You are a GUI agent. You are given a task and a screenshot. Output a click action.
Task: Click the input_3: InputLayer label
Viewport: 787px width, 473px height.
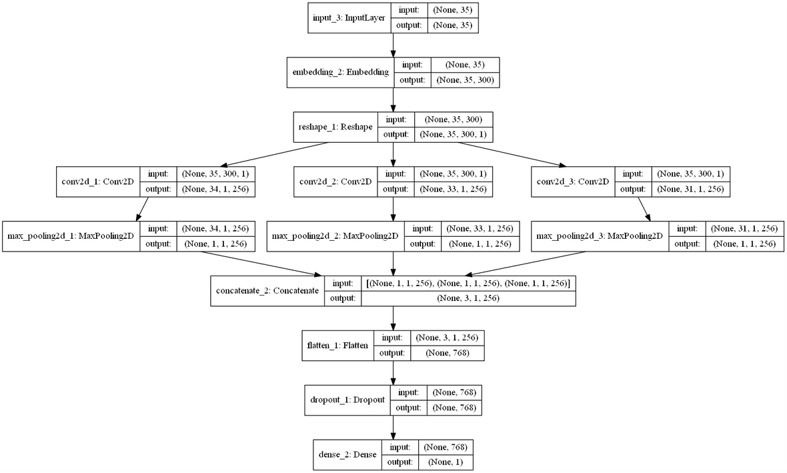(348, 17)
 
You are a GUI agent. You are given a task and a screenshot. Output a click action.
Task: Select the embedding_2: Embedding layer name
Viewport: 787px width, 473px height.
(340, 72)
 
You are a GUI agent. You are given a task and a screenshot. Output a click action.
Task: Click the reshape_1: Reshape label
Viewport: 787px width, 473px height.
(335, 127)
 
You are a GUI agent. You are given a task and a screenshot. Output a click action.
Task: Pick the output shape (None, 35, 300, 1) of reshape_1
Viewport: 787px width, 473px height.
(453, 135)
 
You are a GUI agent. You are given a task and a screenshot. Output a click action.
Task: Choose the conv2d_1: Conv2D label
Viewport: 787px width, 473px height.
(98, 181)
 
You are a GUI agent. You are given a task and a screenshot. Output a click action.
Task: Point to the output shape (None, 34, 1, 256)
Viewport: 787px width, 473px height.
(216, 189)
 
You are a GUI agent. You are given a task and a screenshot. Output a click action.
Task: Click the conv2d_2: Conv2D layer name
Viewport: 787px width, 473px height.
(335, 181)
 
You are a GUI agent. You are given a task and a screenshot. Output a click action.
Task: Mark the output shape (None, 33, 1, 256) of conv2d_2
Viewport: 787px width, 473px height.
(453, 189)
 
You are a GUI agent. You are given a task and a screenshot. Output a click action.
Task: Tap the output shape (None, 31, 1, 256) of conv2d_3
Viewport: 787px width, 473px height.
(690, 189)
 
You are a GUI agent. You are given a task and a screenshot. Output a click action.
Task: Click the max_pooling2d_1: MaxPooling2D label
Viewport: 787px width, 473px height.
(71, 236)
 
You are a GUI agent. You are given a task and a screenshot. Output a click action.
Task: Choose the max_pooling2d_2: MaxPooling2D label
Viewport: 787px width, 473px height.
(335, 236)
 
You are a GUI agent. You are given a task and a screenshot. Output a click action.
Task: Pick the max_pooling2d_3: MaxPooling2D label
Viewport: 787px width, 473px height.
(600, 236)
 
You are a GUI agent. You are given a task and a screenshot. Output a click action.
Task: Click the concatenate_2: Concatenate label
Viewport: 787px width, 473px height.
(267, 291)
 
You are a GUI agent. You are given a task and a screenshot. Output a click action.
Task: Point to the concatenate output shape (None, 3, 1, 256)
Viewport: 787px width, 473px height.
(468, 299)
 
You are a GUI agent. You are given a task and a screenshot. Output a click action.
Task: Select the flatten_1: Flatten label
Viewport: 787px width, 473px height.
(338, 346)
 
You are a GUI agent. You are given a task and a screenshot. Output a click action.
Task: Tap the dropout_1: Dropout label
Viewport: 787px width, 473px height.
(347, 400)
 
